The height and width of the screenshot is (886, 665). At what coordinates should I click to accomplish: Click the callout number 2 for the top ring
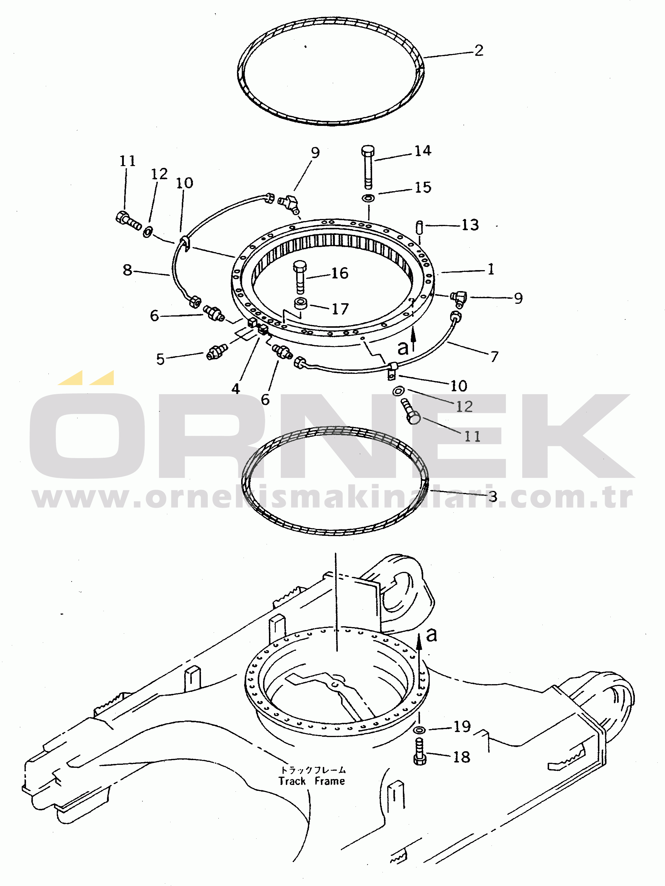(479, 51)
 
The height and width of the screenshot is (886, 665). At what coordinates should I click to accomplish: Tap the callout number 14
(423, 151)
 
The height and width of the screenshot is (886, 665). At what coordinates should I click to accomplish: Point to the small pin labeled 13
(420, 228)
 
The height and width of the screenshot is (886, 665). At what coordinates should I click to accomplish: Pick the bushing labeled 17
(301, 303)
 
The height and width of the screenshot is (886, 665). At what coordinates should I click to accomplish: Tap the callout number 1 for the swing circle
(491, 269)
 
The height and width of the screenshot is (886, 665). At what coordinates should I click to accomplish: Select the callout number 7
(494, 356)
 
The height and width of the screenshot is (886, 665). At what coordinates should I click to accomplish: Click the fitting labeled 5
(217, 351)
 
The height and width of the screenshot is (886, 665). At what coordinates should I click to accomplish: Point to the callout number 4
(236, 389)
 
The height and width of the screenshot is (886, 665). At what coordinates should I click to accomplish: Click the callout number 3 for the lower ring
(492, 497)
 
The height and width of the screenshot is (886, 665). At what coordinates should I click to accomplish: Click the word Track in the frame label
(292, 781)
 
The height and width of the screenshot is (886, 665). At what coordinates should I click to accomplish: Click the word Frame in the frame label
(330, 781)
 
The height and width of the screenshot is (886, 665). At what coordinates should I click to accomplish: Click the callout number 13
(470, 225)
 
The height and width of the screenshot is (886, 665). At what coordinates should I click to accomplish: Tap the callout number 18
(461, 757)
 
